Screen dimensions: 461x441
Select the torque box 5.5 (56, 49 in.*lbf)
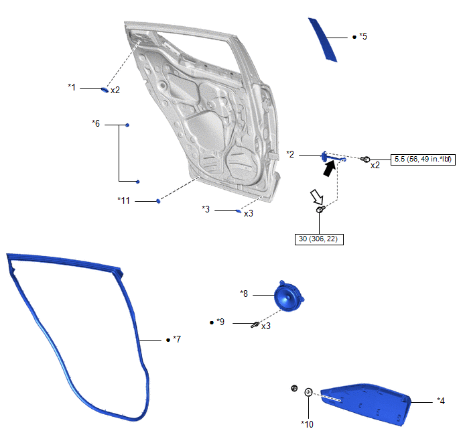click(x=423, y=160)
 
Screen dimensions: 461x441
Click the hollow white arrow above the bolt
click(x=317, y=196)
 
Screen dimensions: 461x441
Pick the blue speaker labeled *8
click(x=288, y=296)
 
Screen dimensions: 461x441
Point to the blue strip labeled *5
click(x=322, y=40)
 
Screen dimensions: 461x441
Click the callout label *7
click(x=177, y=339)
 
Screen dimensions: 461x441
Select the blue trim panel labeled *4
click(x=366, y=404)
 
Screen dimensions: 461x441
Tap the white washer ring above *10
click(x=308, y=392)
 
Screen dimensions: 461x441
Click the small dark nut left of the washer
click(x=294, y=388)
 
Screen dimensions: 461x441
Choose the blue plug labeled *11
click(x=158, y=201)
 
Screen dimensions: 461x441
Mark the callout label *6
click(x=96, y=123)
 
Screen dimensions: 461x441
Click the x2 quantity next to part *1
click(x=115, y=90)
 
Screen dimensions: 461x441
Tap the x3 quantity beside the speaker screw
click(x=266, y=326)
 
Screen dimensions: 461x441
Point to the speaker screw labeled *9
click(x=255, y=324)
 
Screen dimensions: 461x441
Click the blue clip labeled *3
click(x=239, y=211)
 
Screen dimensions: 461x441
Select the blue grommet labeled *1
click(x=105, y=90)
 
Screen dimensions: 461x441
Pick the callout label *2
click(x=290, y=154)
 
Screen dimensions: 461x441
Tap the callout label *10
click(x=307, y=424)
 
